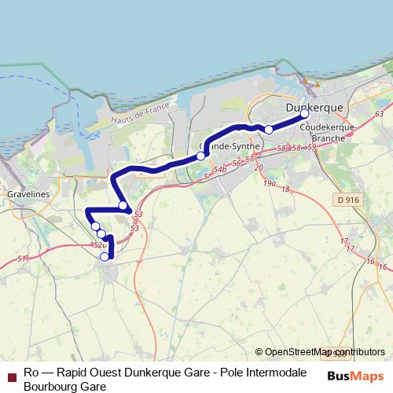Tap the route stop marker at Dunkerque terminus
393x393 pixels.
305,114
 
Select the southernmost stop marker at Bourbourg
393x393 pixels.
105,256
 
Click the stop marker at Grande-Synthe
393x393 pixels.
201,156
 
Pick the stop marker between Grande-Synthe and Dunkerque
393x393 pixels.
269,130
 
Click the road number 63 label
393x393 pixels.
380,115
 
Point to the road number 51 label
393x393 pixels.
21,259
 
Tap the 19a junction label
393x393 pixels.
270,183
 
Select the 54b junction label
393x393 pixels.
221,169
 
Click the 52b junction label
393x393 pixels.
100,245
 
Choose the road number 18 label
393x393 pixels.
285,189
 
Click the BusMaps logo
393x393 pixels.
354,376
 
